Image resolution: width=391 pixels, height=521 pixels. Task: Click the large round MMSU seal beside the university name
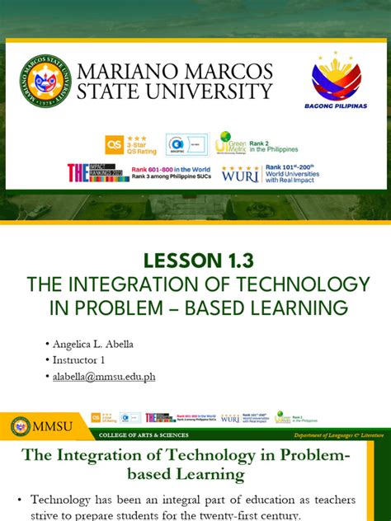[46, 81]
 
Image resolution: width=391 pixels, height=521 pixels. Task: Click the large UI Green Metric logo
[230, 143]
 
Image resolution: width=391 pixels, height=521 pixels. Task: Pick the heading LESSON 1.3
[195, 260]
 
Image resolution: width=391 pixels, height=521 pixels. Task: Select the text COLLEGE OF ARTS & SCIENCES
[143, 434]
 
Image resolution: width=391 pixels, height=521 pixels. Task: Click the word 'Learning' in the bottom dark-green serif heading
[206, 474]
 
